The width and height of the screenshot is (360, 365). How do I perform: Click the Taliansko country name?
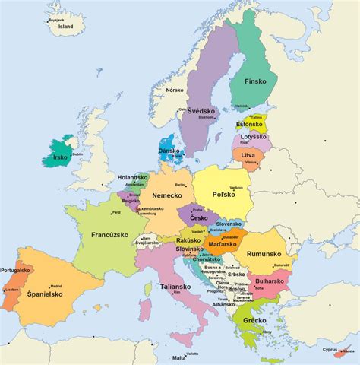[175, 287]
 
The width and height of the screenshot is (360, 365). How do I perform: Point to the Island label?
[66, 26]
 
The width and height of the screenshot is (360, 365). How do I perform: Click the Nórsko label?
[175, 90]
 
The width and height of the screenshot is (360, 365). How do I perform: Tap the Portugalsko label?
[15, 270]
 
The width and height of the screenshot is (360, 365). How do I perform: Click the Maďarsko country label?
[226, 244]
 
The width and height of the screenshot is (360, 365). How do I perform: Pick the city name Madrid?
[55, 287]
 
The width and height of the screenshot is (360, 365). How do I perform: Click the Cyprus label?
[329, 350]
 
